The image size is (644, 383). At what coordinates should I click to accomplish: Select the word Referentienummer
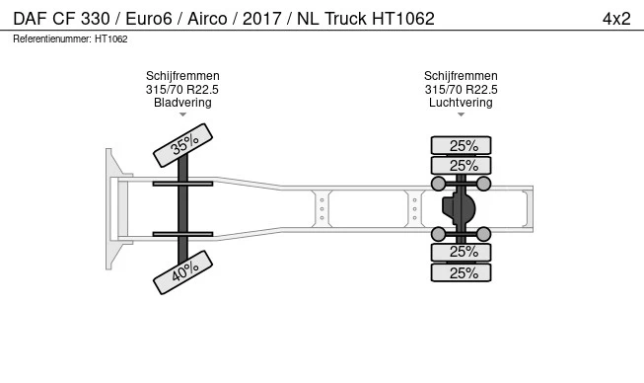click(52, 39)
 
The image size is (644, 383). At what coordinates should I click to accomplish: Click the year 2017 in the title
click(258, 19)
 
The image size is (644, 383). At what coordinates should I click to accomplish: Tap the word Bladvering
click(182, 102)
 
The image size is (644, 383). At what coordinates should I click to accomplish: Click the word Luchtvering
click(461, 102)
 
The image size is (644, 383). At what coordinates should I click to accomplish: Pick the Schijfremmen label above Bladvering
click(182, 76)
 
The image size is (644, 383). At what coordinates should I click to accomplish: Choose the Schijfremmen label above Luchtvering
click(461, 76)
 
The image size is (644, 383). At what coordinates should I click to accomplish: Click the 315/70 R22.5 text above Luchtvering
click(461, 89)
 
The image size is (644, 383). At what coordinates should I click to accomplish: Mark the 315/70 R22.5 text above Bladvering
click(182, 89)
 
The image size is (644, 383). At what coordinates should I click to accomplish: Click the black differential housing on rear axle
click(456, 209)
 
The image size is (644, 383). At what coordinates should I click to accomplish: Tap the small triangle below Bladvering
click(182, 115)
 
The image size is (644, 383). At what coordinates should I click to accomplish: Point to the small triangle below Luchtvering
click(461, 115)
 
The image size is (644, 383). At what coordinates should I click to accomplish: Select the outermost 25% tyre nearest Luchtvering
click(462, 145)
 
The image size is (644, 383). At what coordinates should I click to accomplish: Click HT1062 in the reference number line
click(111, 39)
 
